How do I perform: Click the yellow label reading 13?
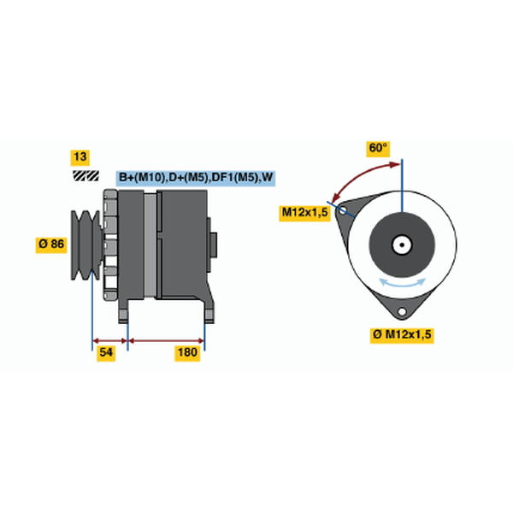click(x=80, y=157)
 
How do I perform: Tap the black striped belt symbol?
click(x=85, y=175)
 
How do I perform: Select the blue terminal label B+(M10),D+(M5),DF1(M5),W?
click(x=196, y=178)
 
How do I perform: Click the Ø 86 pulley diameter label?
click(x=51, y=245)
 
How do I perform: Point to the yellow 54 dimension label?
click(x=106, y=353)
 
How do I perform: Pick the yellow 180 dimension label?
click(x=187, y=353)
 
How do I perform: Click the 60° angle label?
click(x=378, y=149)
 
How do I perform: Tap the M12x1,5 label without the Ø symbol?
click(x=304, y=213)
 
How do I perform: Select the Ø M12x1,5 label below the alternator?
click(x=402, y=335)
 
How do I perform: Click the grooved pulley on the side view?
click(x=85, y=245)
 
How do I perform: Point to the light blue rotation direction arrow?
click(x=402, y=283)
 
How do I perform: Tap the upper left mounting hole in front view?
click(x=342, y=210)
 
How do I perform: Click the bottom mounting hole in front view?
click(x=402, y=311)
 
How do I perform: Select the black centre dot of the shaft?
click(x=402, y=245)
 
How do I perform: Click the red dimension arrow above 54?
click(x=110, y=341)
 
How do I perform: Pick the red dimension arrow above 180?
click(x=166, y=341)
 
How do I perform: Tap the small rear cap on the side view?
click(x=213, y=245)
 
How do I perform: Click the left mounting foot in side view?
click(x=123, y=311)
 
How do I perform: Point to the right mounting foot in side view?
click(x=209, y=311)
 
